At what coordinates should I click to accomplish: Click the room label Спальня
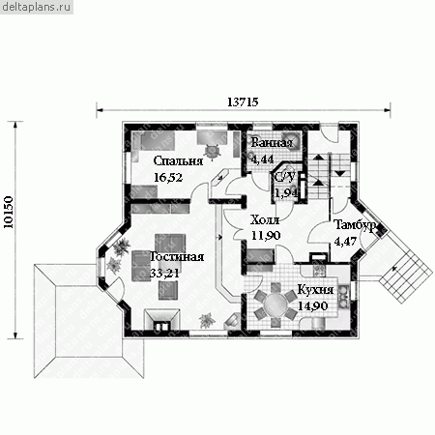point(178,161)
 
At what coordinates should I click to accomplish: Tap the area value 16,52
point(168,177)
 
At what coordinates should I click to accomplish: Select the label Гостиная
point(177,256)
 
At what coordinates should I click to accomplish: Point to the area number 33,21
point(164,273)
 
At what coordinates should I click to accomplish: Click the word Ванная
point(272,143)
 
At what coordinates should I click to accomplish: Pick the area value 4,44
point(263,159)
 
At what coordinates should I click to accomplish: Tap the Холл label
point(265,220)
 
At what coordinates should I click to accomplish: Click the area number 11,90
point(266,236)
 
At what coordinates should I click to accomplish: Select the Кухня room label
point(315,290)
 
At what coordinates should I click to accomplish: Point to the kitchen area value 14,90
point(312,305)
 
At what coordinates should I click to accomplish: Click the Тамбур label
point(355,225)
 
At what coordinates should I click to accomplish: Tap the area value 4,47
point(345,241)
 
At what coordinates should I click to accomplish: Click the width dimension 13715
point(243,102)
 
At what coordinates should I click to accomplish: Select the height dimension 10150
point(9,213)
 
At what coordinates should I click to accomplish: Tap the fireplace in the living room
point(161,320)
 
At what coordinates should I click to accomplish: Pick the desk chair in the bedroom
point(213,151)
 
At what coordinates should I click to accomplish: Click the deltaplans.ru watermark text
point(36,7)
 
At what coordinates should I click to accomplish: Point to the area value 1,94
point(285,192)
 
